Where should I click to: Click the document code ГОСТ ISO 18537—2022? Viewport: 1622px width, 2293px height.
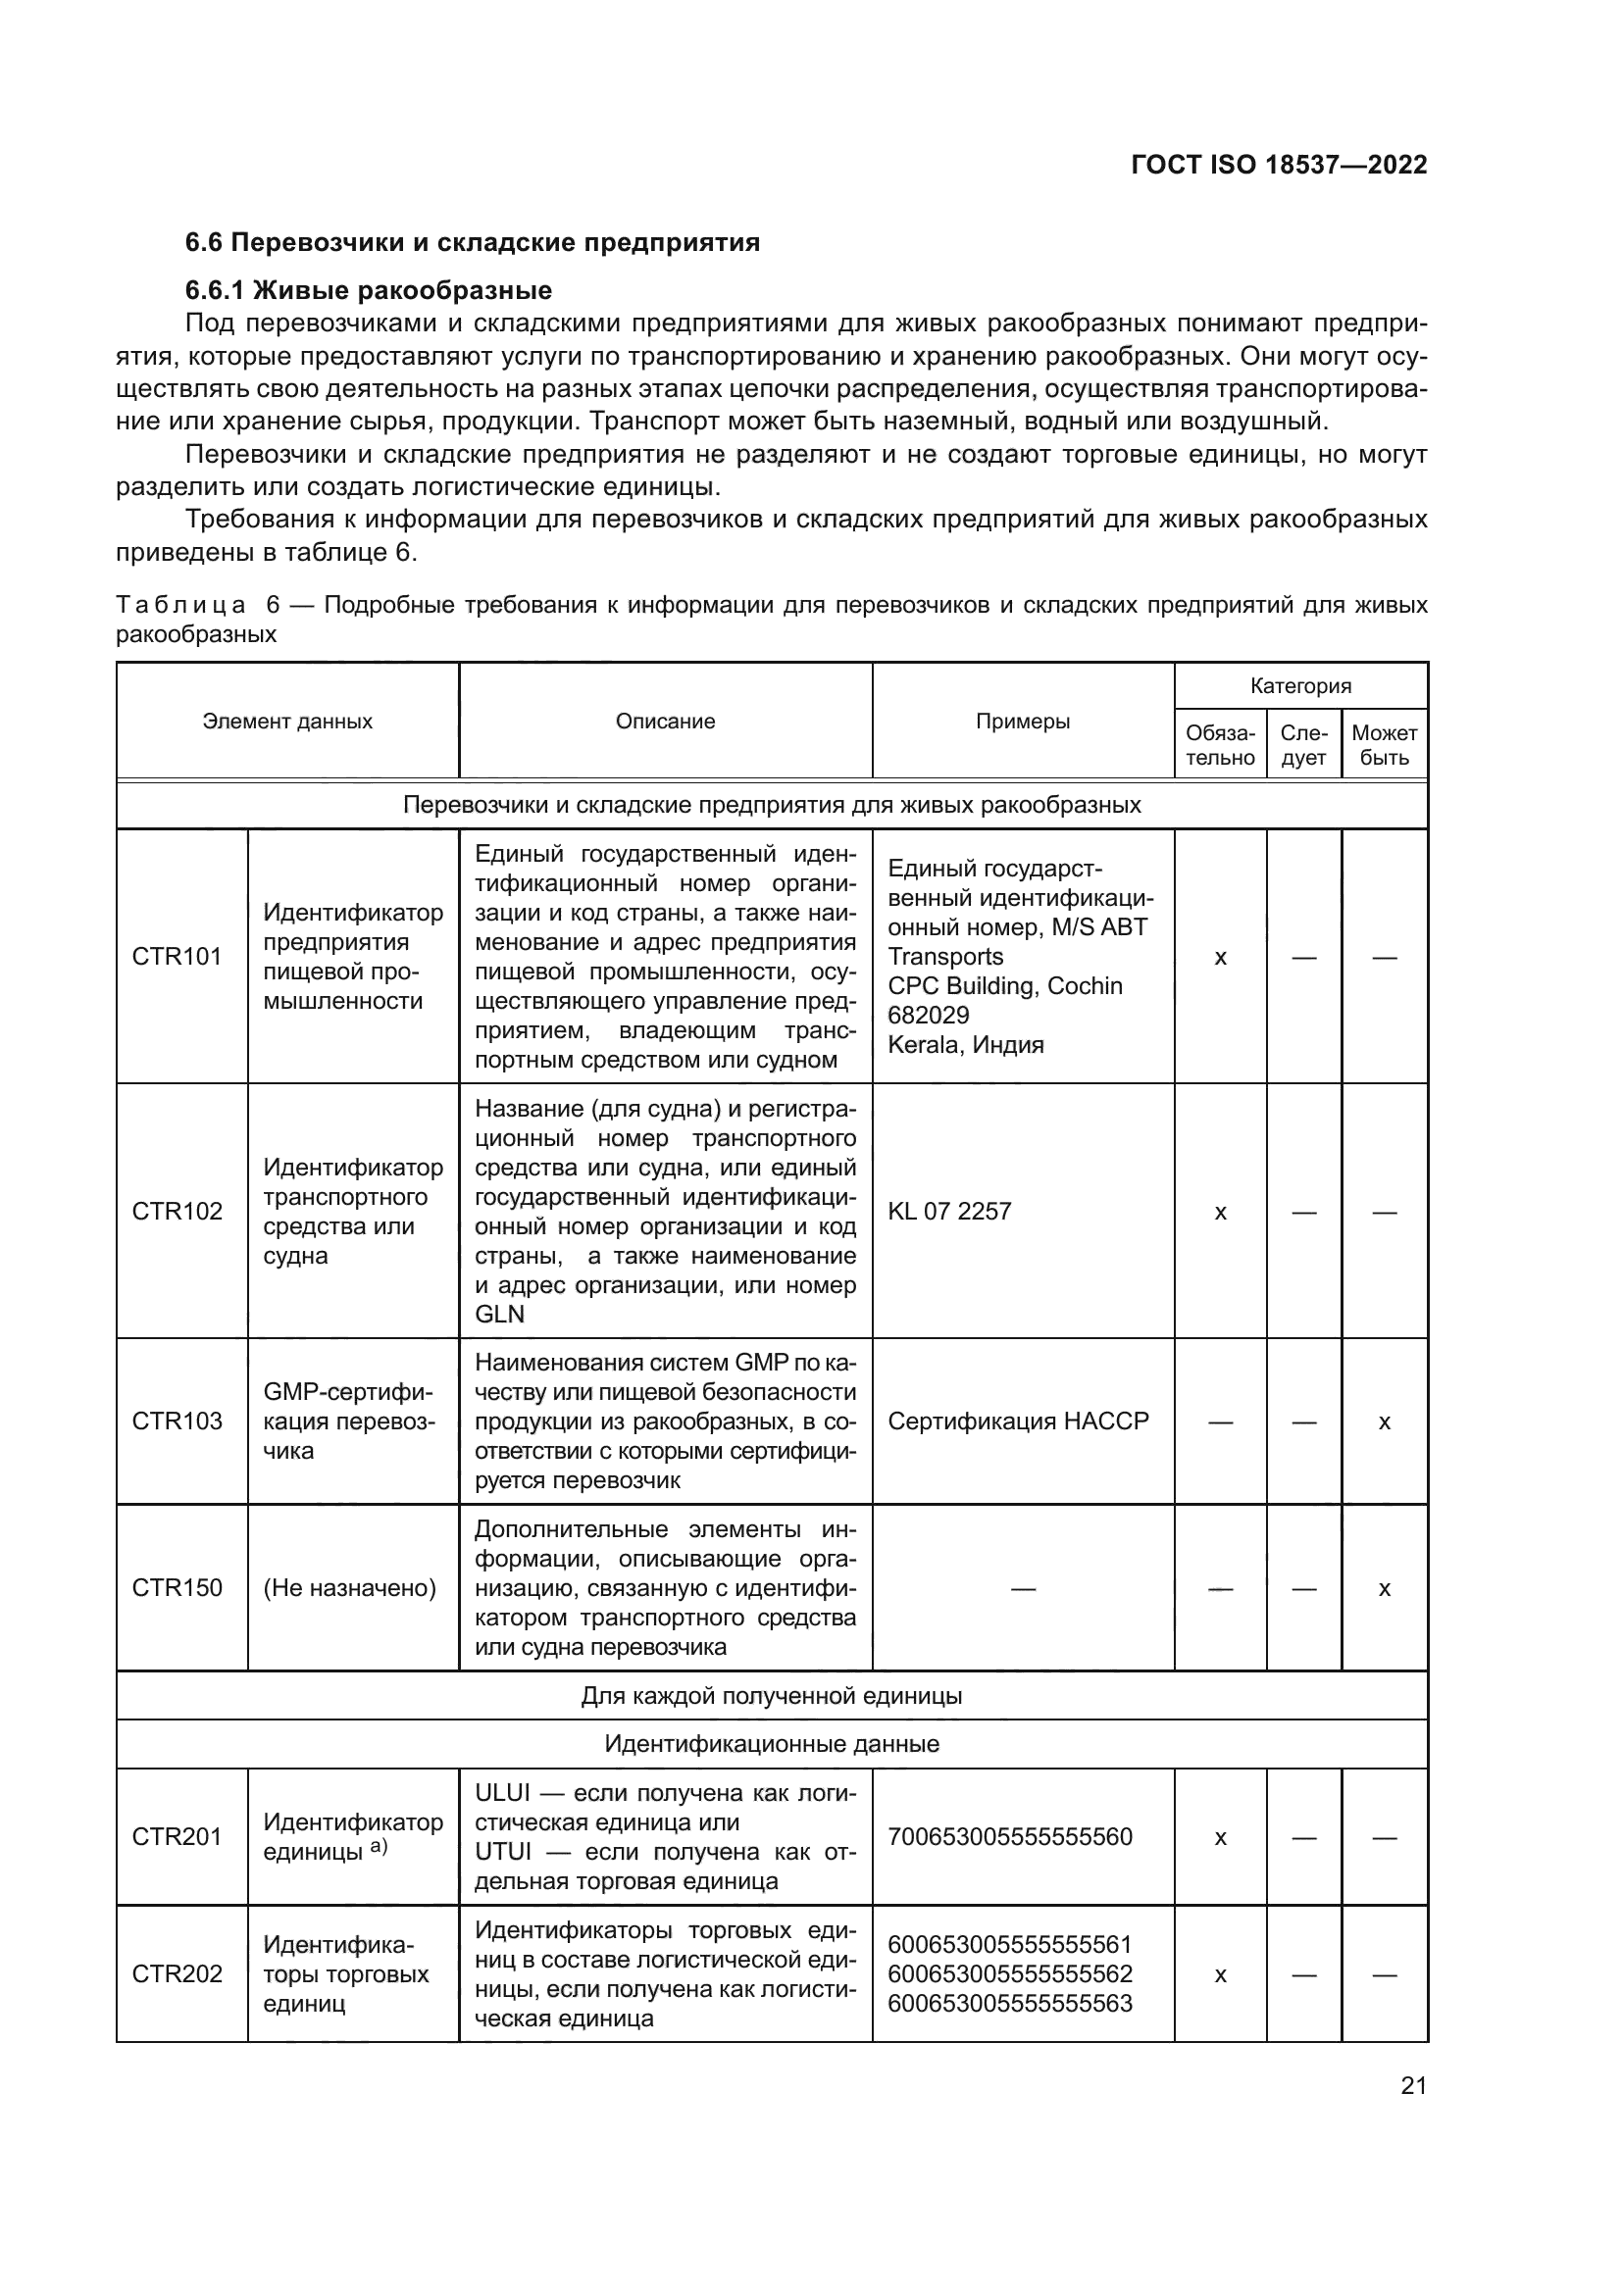click(1279, 165)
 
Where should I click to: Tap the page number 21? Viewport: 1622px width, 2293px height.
click(1413, 2085)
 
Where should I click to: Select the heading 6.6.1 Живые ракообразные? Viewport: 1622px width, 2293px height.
click(369, 290)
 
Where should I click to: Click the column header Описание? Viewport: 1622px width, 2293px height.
click(665, 722)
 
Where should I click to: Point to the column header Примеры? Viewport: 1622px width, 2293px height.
click(1023, 722)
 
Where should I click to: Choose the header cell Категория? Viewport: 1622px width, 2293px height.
click(1300, 686)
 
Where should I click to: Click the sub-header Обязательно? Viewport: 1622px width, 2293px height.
click(1220, 745)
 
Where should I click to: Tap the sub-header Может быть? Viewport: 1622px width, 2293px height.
click(1385, 745)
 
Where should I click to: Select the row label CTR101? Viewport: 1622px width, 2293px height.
click(177, 957)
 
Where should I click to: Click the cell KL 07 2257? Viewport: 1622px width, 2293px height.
click(950, 1212)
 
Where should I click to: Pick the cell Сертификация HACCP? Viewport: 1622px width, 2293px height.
click(1018, 1421)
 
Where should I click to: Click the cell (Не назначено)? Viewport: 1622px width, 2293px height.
click(349, 1588)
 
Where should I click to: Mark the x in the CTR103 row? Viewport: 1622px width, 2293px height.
click(1385, 1422)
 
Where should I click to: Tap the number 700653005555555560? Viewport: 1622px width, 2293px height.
click(1010, 1836)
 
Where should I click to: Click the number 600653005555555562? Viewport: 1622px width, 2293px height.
click(1010, 1974)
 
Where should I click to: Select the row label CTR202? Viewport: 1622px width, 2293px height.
click(177, 1974)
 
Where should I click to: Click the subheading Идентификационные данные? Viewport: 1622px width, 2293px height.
click(771, 1744)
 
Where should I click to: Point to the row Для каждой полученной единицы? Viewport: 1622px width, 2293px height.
click(771, 1696)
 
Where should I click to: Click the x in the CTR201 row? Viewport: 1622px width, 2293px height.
click(1220, 1837)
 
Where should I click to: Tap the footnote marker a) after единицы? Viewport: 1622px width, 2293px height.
click(379, 1847)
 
